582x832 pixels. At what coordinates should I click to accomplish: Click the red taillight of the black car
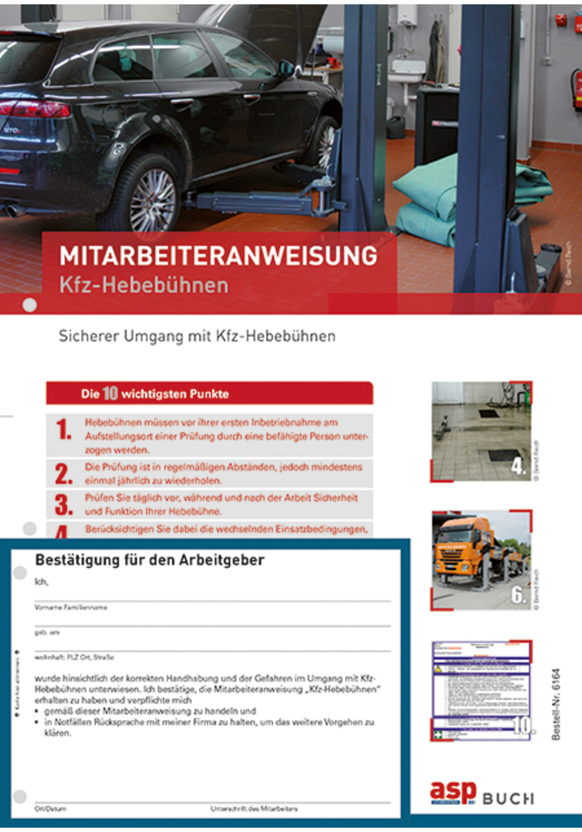coord(36,109)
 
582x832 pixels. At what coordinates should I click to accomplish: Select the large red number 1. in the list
coord(63,429)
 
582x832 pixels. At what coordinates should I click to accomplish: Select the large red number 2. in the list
coord(63,473)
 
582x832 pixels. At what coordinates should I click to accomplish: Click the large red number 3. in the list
coord(63,505)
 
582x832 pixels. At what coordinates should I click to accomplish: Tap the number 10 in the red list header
coord(110,393)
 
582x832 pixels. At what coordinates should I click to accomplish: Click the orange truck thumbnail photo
coord(480,558)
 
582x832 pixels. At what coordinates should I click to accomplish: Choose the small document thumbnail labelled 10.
coord(480,690)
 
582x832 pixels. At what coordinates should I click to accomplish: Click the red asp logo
coord(453,792)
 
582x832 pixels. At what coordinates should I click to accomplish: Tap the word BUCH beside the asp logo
coord(509,797)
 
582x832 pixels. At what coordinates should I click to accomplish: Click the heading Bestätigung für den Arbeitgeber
coord(149,560)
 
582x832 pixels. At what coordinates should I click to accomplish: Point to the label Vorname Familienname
coord(71,608)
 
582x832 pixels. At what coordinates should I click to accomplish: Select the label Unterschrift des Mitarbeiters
coord(255,809)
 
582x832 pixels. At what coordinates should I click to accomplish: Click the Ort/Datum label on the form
coord(45,809)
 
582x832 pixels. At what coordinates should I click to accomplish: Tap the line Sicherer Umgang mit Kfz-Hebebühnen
coord(196,335)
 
